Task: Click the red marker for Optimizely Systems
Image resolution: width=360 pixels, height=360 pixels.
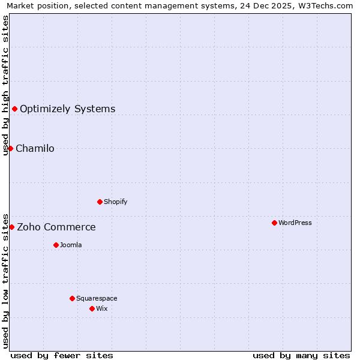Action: pyautogui.click(x=14, y=109)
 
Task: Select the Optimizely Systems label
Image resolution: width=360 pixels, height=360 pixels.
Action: pyautogui.click(x=67, y=109)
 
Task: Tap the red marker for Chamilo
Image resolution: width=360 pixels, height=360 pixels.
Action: pyautogui.click(x=10, y=148)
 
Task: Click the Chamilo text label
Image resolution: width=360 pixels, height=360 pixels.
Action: pyautogui.click(x=35, y=148)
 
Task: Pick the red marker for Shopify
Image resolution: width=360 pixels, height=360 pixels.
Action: pyautogui.click(x=100, y=202)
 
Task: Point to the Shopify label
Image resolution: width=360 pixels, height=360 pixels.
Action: pyautogui.click(x=115, y=202)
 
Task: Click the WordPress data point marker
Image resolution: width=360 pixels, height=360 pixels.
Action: pyautogui.click(x=274, y=223)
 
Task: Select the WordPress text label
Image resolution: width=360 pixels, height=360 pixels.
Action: pyautogui.click(x=295, y=223)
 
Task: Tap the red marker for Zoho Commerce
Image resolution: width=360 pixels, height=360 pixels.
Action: pyautogui.click(x=11, y=227)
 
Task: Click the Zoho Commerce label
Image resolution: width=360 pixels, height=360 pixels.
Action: pyautogui.click(x=56, y=227)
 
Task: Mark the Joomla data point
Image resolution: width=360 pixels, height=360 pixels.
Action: pyautogui.click(x=56, y=245)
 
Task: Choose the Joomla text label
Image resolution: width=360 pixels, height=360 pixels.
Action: pyautogui.click(x=70, y=245)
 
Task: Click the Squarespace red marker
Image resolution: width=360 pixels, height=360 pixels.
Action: pyautogui.click(x=72, y=298)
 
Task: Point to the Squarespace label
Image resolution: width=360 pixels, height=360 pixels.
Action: pyautogui.click(x=97, y=298)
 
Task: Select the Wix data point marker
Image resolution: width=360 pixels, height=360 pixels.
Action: pyautogui.click(x=92, y=308)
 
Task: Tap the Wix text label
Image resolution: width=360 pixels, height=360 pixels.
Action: pyautogui.click(x=101, y=308)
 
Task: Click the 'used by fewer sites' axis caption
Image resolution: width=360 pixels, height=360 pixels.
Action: pyautogui.click(x=62, y=355)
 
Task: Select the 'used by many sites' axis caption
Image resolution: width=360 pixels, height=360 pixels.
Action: pyautogui.click(x=301, y=355)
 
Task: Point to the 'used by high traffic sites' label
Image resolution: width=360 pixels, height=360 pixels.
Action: pyautogui.click(x=5, y=85)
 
